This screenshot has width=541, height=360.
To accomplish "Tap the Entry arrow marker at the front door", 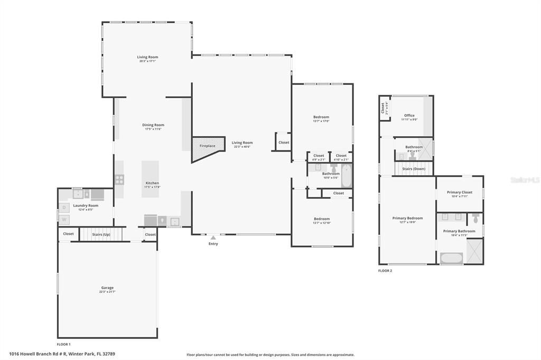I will click(213, 238).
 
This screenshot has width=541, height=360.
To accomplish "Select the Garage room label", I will click(107, 288).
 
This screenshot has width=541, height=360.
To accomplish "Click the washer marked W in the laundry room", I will click(64, 219).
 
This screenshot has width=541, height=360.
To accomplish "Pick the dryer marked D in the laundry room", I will click(64, 207).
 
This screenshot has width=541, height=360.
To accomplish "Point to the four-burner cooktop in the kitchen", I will click(119, 179).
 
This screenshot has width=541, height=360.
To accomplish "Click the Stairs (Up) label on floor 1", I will click(101, 234).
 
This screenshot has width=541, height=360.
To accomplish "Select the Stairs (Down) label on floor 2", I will click(414, 168).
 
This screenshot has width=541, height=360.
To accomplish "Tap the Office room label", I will click(409, 115).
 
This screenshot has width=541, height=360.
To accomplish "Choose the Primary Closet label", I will click(459, 192).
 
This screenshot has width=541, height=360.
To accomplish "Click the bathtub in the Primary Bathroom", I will click(452, 259).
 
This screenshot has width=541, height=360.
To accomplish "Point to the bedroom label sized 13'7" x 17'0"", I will click(321, 117).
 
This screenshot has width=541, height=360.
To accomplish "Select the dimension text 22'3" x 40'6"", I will click(242, 147).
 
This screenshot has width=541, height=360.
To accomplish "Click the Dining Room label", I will click(153, 125).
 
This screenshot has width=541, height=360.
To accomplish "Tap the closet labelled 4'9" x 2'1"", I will click(319, 157).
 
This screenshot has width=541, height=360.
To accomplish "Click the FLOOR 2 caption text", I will click(385, 271).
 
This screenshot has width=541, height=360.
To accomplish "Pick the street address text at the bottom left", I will click(62, 354).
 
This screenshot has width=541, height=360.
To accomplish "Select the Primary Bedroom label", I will click(407, 218).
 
